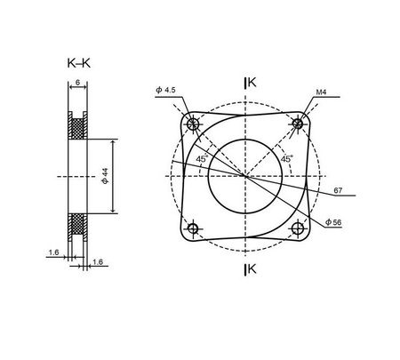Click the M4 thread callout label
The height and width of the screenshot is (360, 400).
[321, 92]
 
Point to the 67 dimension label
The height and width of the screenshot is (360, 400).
[339, 189]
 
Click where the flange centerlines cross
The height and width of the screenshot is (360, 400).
[244, 175]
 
